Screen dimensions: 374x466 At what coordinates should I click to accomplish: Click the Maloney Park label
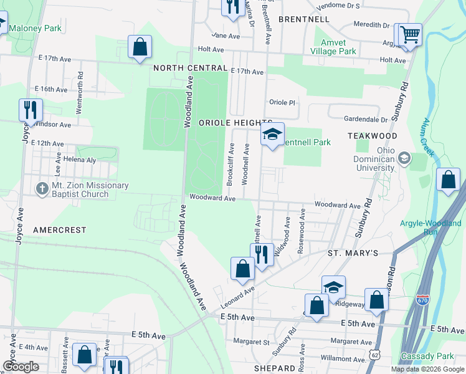(35, 28)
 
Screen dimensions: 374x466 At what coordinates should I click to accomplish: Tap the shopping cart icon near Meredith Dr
(410, 34)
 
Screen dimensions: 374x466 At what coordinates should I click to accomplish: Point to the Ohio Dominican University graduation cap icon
(405, 159)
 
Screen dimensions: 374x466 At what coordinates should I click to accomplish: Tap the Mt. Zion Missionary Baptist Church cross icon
(42, 189)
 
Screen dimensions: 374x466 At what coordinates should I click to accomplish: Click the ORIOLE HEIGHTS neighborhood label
(235, 123)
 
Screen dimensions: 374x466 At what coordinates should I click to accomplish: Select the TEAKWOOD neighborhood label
(373, 135)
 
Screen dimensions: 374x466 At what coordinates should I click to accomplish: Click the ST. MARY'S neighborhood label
(353, 253)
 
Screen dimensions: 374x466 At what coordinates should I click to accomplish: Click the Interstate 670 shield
(423, 300)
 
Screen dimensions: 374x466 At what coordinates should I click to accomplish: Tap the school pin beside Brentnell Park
(272, 134)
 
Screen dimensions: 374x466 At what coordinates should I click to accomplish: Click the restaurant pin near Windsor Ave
(31, 110)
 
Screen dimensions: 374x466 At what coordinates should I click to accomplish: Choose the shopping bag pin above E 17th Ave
(140, 47)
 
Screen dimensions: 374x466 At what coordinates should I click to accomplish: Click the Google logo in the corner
(21, 367)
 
